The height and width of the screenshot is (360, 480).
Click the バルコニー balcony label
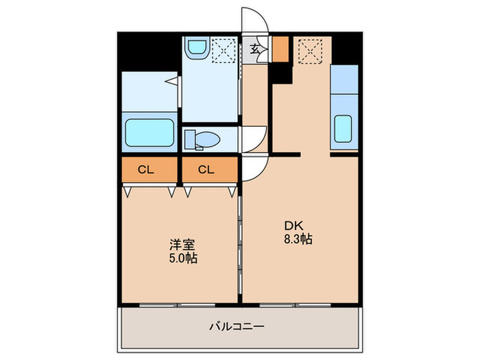tap(237, 326)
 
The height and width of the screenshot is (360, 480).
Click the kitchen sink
tap(343, 128)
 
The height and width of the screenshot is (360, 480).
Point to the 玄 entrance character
tap(255, 49)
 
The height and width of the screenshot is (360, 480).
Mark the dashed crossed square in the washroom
tap(223, 49)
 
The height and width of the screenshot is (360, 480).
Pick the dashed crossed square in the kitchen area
tap(311, 49)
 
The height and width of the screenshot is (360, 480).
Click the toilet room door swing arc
tap(254, 141)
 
